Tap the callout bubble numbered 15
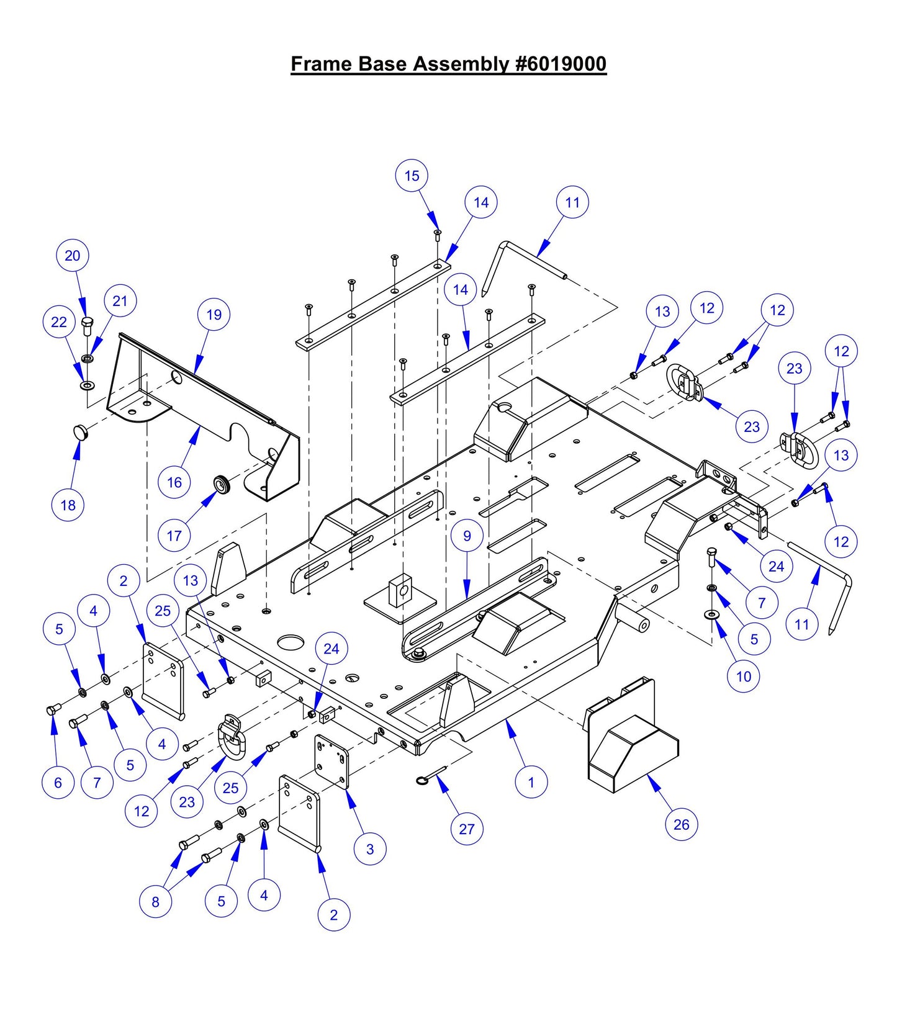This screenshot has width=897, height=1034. pos(412,176)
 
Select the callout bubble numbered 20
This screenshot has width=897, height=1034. pos(73,256)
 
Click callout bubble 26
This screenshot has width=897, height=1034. pos(681,824)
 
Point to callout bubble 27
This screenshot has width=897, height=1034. pos(467,829)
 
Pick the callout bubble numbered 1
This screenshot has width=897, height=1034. pos(531,782)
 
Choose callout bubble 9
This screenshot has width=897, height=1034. pos(467,536)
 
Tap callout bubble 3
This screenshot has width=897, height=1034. pos(370,848)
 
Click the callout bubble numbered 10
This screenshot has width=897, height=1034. pos(743,677)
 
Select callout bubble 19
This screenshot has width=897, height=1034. pos(214,315)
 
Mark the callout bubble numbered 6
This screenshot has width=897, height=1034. pos(58,782)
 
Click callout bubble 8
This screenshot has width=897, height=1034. pos(155,902)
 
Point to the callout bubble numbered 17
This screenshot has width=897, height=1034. pos(174,535)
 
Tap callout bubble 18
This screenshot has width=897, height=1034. pos(68,505)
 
